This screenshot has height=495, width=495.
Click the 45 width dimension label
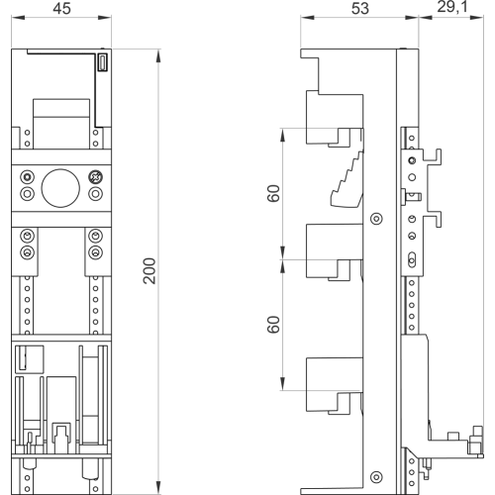pos(61,8)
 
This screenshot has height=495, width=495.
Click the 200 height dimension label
pos(149,271)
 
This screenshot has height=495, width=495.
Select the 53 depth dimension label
pos(359,8)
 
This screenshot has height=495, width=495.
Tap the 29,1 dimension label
pos(452,7)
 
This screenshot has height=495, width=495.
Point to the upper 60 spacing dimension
pos(273,193)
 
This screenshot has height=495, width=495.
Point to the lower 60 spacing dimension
pos(273,325)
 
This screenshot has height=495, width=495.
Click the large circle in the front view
pos(60,188)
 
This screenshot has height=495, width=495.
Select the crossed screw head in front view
pos(95,177)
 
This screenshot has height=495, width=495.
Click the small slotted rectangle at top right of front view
pos(103,62)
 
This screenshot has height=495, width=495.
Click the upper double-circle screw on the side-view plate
pos(376,219)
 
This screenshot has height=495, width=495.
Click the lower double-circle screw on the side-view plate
pos(376,477)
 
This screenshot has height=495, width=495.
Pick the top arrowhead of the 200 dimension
pos(158,55)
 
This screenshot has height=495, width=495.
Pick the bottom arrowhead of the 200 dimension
pos(158,488)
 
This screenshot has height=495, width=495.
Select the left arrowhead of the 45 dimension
pos(18,17)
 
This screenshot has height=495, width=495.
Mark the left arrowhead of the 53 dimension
pos(307,17)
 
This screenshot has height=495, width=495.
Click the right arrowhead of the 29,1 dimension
pos(476,17)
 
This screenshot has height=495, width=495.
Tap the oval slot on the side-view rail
pos(412,259)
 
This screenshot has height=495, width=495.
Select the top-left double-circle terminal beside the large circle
pos(28,177)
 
